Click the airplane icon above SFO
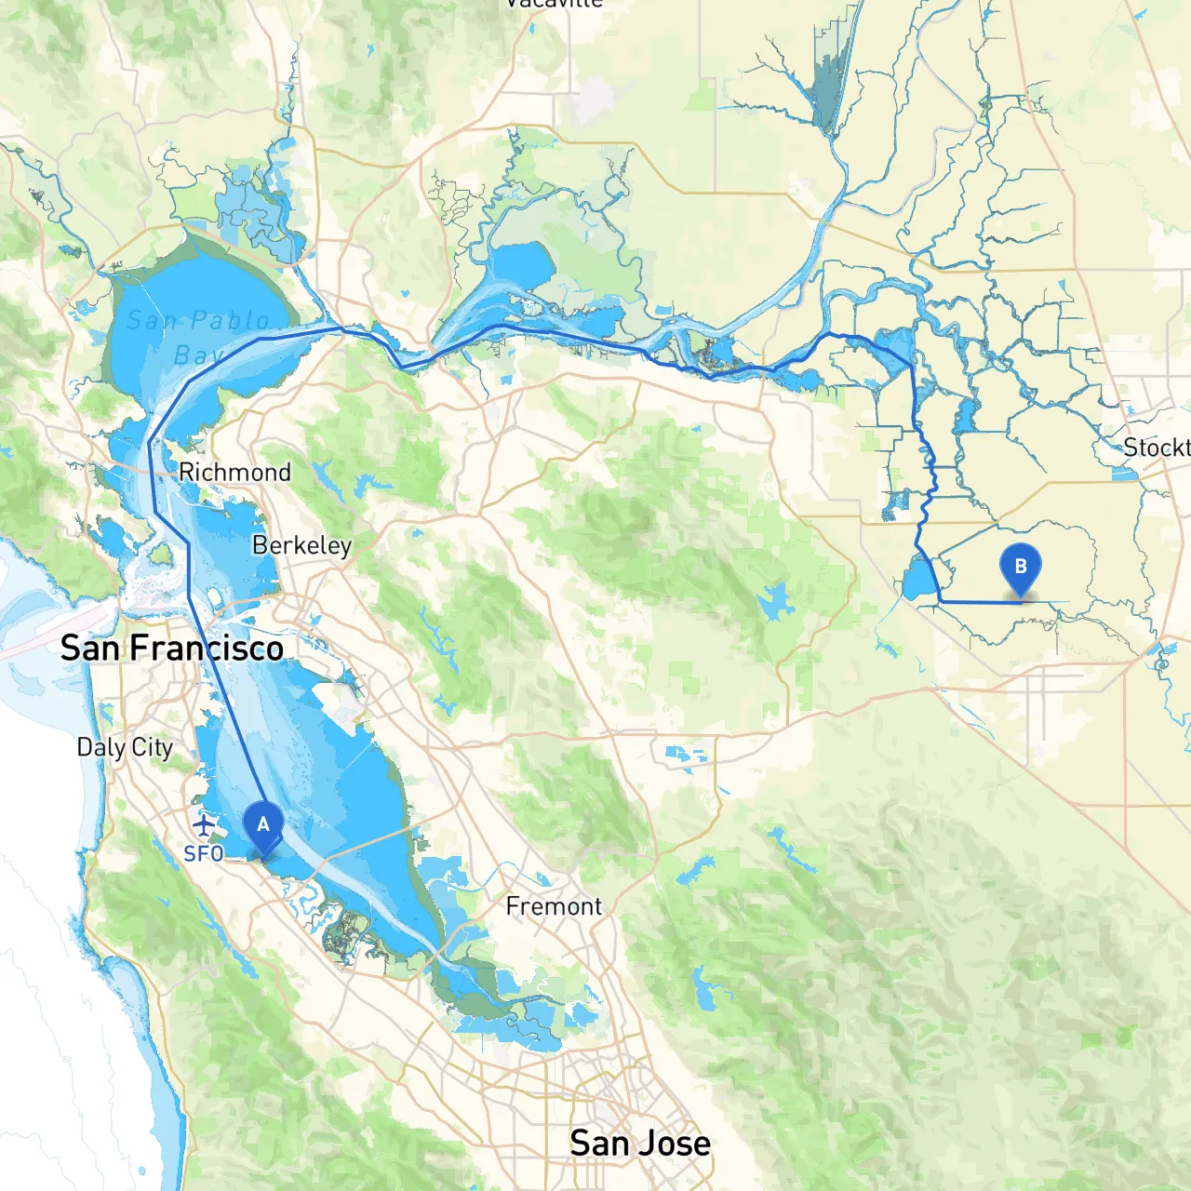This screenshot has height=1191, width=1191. point(204,824)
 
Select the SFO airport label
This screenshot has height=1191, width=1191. point(203,853)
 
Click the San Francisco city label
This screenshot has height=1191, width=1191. point(172,649)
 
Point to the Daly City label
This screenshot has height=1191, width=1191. point(125,747)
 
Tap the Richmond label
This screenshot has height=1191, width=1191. point(234,473)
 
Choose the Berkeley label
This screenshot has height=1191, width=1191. point(301,545)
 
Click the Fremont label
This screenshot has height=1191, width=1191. point(554,906)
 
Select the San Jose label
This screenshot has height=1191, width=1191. point(640,1144)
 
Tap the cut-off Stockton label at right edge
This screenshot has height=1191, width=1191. point(1156,448)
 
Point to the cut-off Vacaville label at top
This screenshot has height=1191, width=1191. point(555,4)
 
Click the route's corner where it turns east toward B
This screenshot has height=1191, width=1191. point(942,602)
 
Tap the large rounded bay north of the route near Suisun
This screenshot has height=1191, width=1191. point(521,265)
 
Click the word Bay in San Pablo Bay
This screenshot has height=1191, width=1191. point(197,355)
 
